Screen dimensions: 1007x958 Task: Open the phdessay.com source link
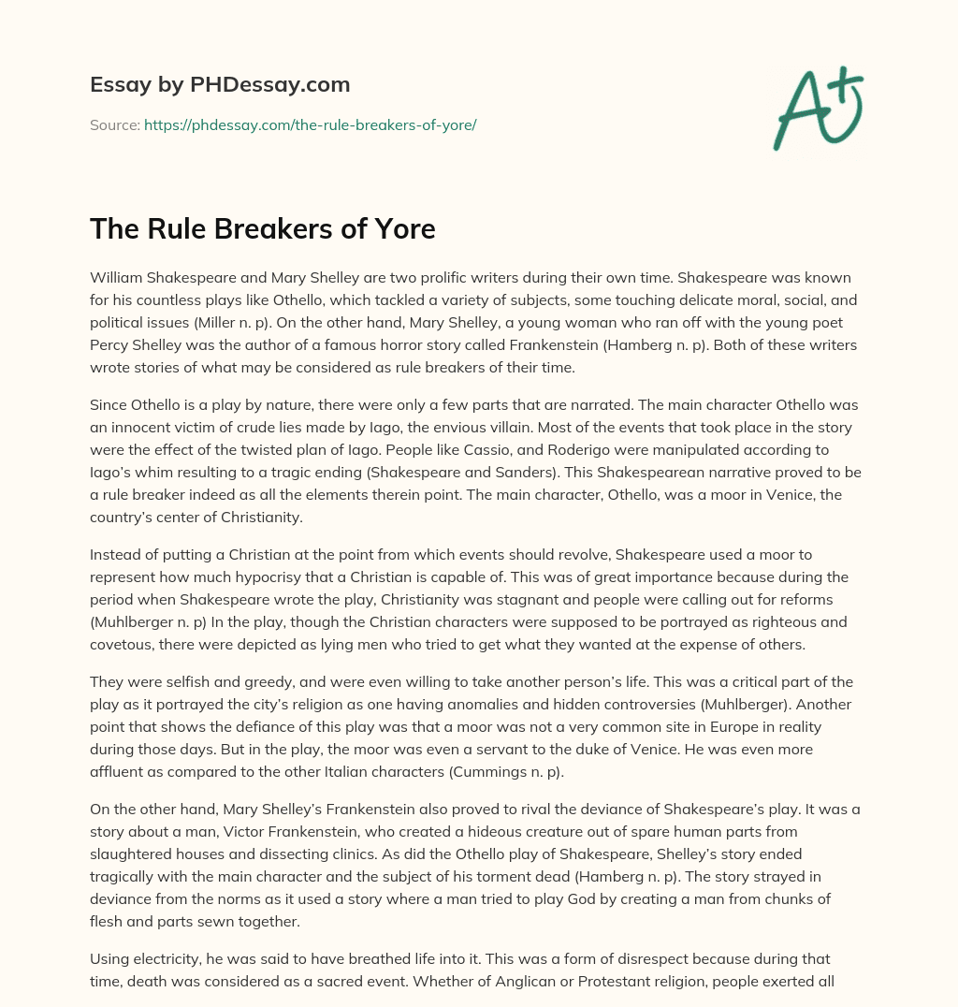310,124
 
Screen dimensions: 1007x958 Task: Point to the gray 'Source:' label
114,124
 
